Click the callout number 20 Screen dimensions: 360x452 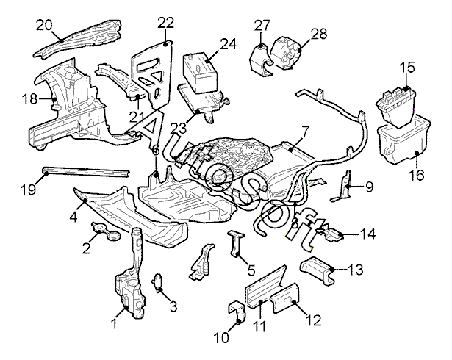(46, 24)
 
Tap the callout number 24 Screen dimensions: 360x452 (228, 43)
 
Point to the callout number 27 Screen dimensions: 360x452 (262, 26)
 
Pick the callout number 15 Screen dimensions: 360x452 (406, 68)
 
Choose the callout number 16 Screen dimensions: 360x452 (417, 176)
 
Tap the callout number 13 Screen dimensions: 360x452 (355, 270)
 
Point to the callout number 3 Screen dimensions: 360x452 (173, 306)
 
